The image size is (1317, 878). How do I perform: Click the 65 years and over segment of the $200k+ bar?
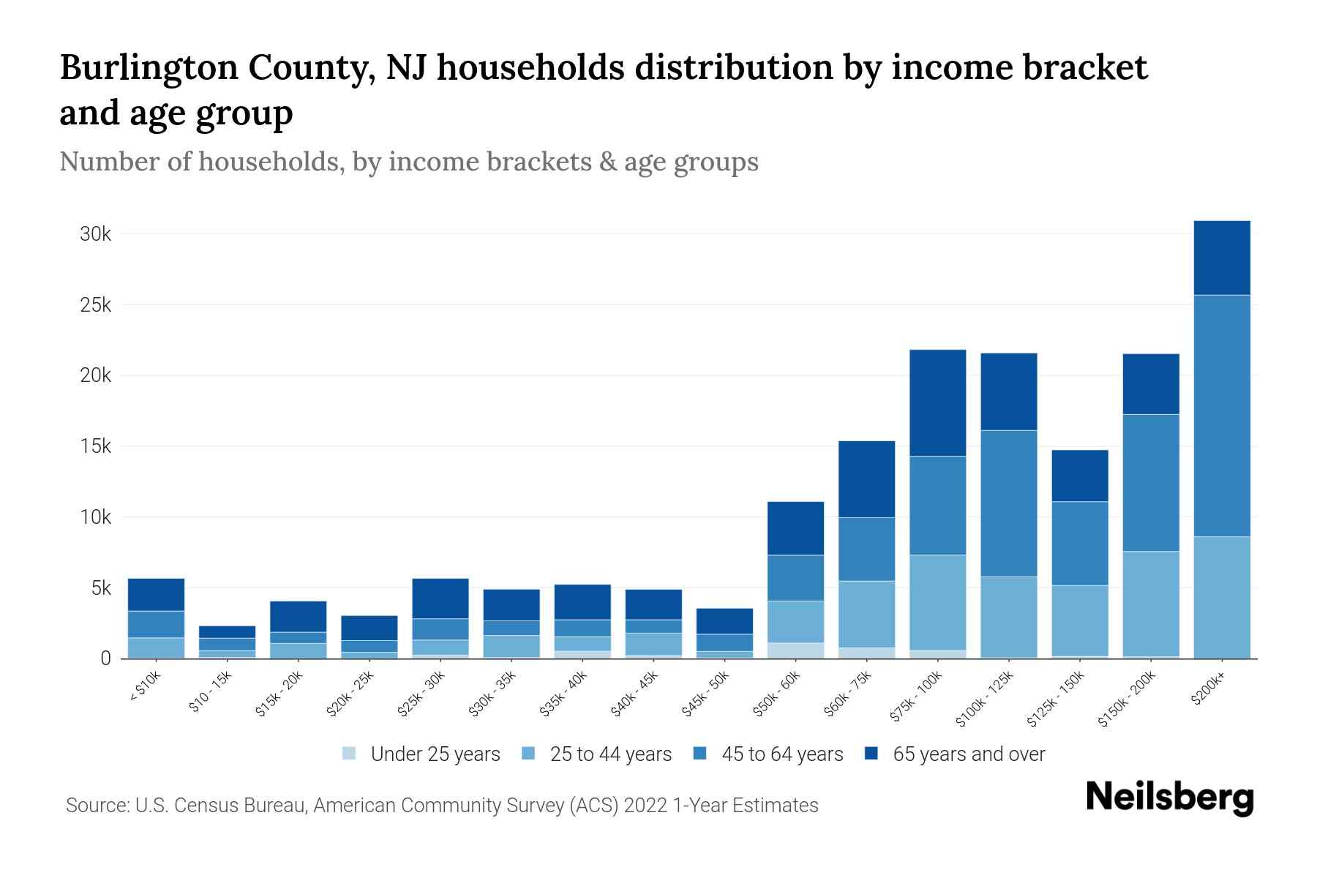(1221, 258)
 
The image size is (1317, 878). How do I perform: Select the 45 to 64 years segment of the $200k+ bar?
(1221, 416)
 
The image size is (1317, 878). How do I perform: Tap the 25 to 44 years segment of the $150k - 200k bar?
(1151, 604)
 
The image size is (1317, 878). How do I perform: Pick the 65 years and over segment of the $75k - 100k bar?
(937, 402)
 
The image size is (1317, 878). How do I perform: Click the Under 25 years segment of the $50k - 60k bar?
(795, 650)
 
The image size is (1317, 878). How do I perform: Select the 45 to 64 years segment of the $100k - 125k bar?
(1008, 503)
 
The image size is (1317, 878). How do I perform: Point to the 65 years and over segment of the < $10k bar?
(156, 594)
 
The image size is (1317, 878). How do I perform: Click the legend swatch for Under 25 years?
(350, 754)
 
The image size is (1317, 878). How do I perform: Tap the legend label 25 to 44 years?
(610, 754)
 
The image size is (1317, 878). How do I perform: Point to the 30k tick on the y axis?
(95, 234)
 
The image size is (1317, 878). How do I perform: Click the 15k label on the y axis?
(95, 446)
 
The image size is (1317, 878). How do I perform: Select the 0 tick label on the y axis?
(105, 658)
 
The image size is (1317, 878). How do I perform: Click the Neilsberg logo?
(1169, 798)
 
